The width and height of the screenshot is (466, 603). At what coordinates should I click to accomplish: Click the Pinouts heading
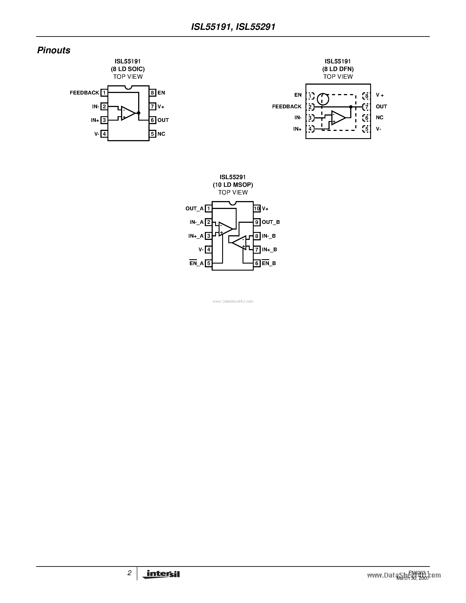pos(54,50)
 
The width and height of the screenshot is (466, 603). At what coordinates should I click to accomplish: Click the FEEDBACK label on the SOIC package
pos(84,93)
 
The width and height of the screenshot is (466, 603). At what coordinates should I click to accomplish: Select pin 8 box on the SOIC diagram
pos(152,93)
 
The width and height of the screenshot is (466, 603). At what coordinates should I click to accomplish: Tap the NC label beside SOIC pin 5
pos(161,134)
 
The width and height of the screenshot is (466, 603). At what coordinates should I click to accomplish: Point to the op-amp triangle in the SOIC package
pos(128,113)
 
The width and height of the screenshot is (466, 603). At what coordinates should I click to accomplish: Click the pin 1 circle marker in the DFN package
pos(323,99)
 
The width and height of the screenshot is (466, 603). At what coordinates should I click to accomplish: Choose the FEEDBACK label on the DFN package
pos(287,107)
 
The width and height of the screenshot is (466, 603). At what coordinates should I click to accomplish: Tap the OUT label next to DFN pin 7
pos(381,107)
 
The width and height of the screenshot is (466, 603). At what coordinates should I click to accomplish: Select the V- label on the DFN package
pos(379,129)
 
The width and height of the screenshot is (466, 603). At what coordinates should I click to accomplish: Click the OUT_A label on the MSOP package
pos(194,209)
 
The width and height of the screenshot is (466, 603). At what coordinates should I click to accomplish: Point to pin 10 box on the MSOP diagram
pos(257,209)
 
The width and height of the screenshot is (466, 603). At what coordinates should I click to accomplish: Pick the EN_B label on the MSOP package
pos(269,263)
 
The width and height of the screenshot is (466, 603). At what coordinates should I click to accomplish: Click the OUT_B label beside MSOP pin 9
pos(271,222)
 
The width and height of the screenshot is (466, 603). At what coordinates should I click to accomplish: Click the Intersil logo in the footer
pos(161,574)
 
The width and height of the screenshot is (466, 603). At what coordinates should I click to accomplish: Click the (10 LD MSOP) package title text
pos(233,185)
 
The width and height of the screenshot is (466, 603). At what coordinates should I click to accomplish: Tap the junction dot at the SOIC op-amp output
pos(139,113)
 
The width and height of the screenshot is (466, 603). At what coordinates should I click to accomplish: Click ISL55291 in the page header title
pos(256,27)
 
